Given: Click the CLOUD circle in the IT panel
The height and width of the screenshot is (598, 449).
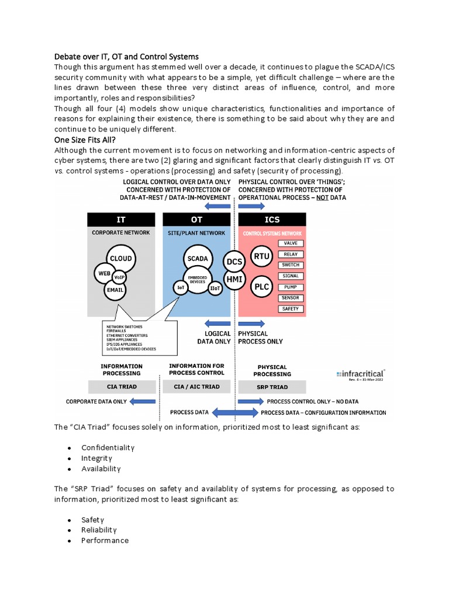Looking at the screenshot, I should pos(121,259).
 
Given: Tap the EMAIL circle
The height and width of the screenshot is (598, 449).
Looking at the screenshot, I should pos(117,288).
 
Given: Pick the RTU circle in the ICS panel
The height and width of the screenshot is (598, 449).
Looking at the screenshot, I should pos(261,255).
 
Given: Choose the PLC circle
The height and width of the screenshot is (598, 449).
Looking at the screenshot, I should pos(261,287).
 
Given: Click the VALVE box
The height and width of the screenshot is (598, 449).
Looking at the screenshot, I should pos(290,243).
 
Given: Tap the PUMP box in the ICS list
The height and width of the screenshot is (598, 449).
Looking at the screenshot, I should pos(290,287).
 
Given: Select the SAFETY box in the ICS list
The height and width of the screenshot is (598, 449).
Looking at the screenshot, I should pos(290,309).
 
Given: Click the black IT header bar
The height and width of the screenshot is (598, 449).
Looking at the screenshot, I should pos(121,220).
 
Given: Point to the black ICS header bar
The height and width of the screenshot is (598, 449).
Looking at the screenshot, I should pos(272,220).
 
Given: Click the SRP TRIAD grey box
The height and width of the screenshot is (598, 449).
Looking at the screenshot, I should pos(272,387).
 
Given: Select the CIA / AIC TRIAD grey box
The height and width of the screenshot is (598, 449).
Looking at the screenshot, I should pos(197,387).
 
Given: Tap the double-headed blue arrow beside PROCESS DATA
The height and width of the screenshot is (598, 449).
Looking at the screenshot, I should pos(234,413).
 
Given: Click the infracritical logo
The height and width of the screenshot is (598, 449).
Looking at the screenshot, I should pos(361,373).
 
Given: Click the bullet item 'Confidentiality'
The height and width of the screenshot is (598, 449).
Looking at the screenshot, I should pos(108,447).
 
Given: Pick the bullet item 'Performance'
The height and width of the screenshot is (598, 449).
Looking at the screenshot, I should pos(105,540).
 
